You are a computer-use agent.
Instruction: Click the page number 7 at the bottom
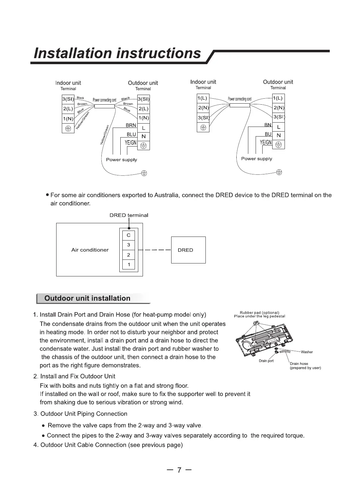180,470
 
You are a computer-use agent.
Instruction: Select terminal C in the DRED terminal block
129,235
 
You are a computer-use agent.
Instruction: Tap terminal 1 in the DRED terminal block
129,264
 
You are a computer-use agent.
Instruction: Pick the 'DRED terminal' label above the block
129,215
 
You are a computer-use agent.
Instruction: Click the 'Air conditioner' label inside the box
90,250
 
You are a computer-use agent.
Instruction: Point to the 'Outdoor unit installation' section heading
87,298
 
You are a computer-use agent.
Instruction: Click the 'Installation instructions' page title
118,53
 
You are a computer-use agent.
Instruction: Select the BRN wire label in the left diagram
131,126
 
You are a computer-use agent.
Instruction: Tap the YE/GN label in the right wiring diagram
266,143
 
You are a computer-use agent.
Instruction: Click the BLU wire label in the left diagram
131,134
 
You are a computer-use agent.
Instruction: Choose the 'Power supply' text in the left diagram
121,160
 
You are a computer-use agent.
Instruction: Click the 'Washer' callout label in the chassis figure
306,352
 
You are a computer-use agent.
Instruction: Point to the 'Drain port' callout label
266,361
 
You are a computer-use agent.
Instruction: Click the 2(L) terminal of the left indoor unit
68,109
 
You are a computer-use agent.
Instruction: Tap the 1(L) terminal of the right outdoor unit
278,98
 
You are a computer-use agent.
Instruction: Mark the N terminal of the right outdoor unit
279,135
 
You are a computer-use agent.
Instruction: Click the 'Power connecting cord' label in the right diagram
239,99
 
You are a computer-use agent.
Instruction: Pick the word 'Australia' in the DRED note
166,195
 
